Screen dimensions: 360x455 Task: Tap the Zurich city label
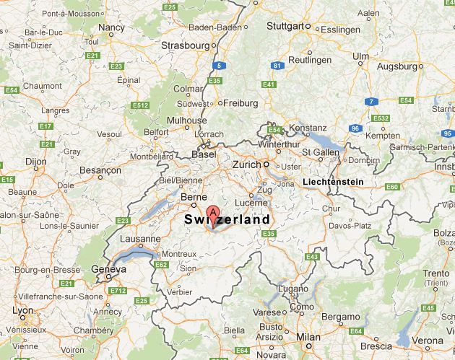tap(246, 164)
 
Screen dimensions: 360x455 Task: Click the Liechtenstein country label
tap(333, 182)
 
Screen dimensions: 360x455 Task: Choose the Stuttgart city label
tap(285, 26)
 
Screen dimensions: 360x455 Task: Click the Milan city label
tap(308, 337)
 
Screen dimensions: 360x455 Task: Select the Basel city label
tap(203, 154)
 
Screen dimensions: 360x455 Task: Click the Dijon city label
tap(35, 162)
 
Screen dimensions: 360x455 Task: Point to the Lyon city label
tap(22, 311)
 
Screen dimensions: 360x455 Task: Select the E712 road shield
tap(117, 290)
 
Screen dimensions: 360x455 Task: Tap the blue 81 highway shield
tap(277, 66)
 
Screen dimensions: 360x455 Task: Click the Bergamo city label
tap(341, 317)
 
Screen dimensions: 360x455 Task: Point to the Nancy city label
tap(111, 27)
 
